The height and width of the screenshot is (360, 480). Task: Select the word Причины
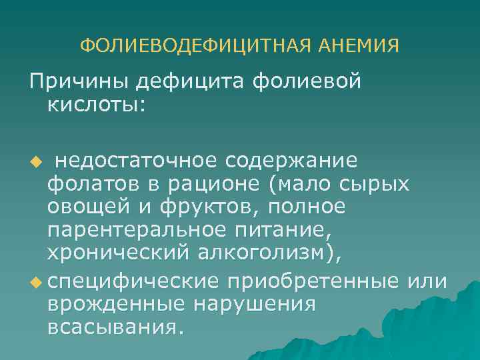77,82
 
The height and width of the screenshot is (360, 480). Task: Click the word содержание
291,162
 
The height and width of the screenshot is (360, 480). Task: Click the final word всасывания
114,327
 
